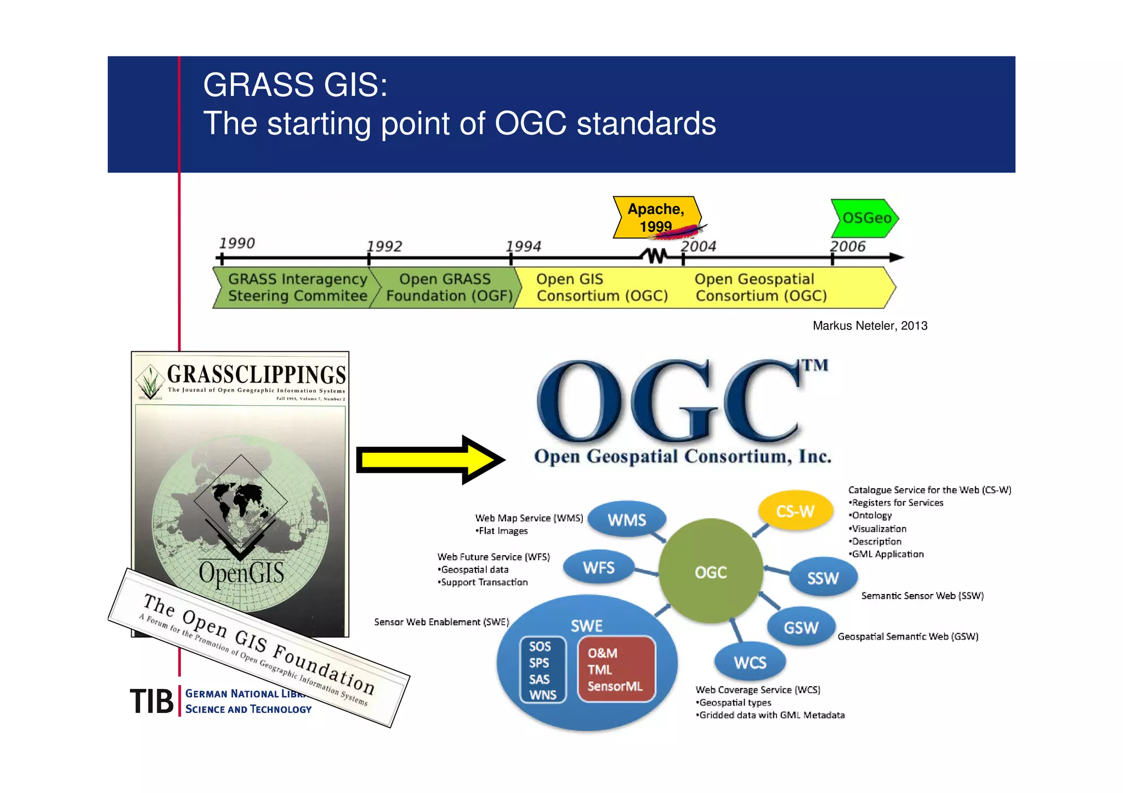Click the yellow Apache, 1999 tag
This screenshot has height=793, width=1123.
656,217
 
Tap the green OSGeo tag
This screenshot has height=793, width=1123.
865,218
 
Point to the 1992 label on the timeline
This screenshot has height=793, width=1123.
384,246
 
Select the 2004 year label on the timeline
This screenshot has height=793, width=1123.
698,246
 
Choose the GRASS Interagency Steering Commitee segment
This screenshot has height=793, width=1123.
297,288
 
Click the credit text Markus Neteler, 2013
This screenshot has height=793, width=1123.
870,326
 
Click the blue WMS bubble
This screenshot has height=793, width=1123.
627,520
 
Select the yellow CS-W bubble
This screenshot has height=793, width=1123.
795,511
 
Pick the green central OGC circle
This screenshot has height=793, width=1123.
711,572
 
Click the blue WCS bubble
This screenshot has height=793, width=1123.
750,662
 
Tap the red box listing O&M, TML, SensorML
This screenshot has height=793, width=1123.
616,669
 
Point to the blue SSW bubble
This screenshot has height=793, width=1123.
823,578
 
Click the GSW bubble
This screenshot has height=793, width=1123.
801,627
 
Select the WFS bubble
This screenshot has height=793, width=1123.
598,567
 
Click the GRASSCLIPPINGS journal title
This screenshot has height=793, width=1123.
256,374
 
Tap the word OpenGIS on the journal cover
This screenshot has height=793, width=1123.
241,573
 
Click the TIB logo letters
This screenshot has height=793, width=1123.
151,701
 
